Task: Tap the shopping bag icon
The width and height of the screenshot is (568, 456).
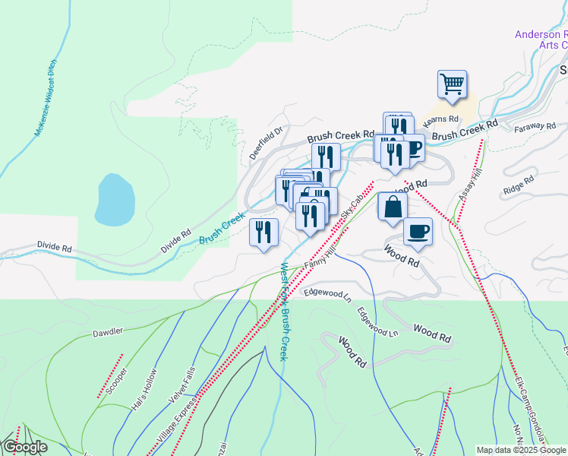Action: click(x=393, y=207)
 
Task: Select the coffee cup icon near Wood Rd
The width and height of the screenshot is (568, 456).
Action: click(x=417, y=230)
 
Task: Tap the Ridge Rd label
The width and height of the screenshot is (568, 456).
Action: click(x=520, y=182)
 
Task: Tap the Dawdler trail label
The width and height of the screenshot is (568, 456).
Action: click(x=107, y=333)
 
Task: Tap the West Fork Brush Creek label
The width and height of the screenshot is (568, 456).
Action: click(x=284, y=312)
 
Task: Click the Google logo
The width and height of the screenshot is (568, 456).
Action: click(x=25, y=447)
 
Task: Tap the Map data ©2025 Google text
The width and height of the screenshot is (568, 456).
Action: click(x=522, y=450)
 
